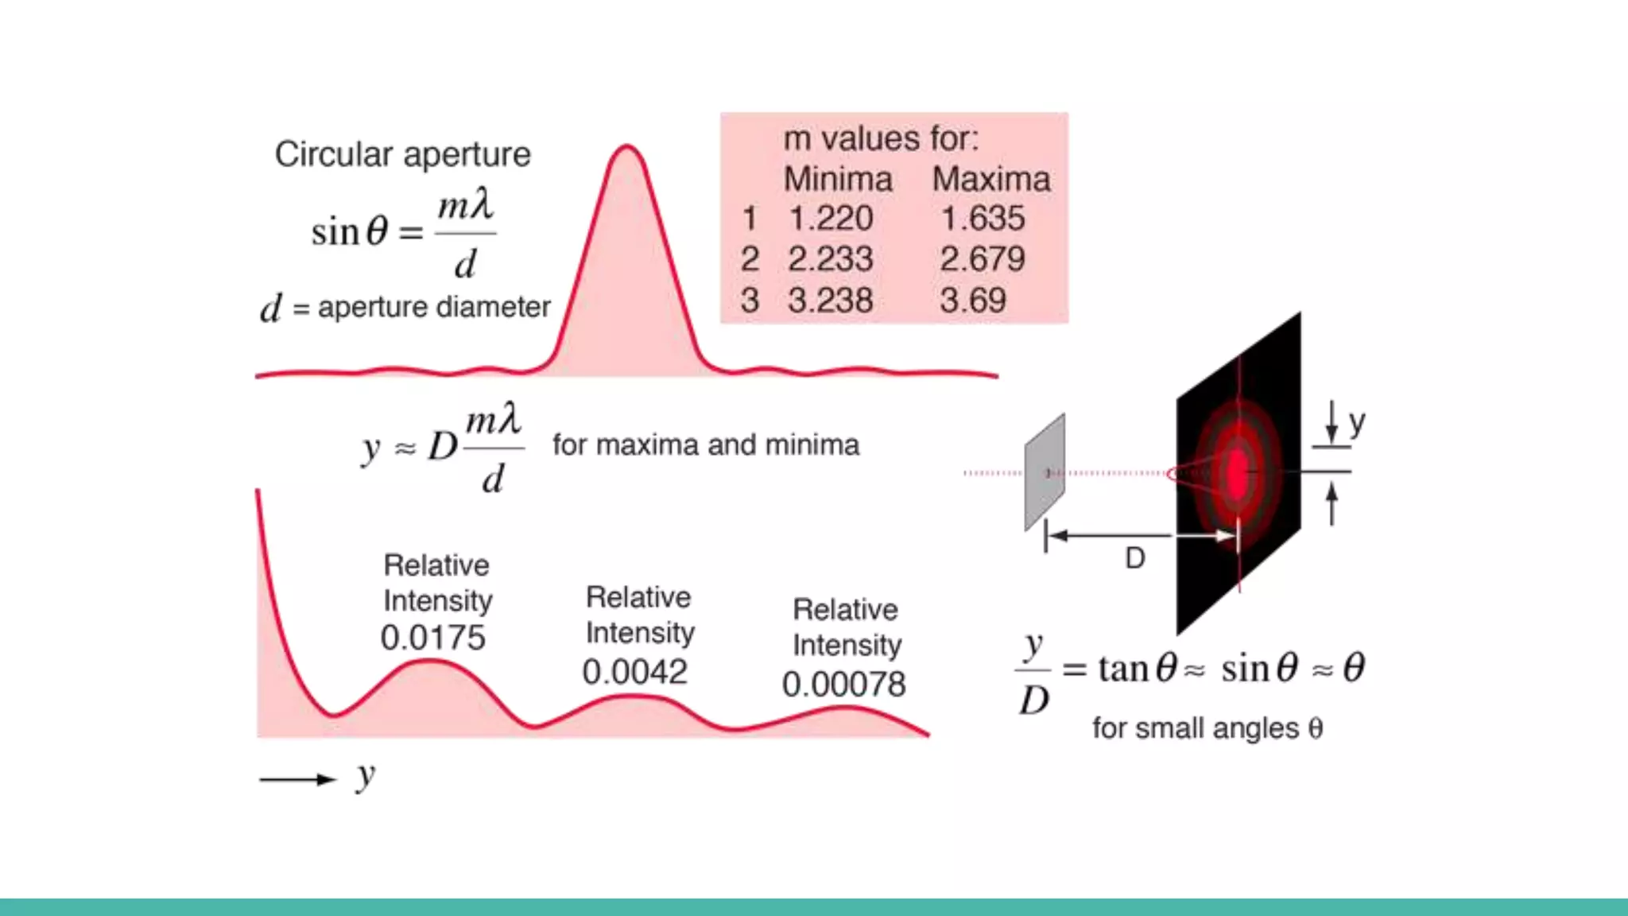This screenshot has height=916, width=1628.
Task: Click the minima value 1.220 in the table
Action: click(x=831, y=219)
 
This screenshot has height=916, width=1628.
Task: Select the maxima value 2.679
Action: click(x=983, y=259)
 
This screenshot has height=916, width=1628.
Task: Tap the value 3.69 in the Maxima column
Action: click(x=973, y=301)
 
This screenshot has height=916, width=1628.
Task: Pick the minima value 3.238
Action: click(x=831, y=301)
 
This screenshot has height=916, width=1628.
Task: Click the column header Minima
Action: click(x=838, y=179)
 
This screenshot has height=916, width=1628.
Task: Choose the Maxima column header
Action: click(x=991, y=179)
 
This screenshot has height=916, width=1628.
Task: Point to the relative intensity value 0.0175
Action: click(x=433, y=638)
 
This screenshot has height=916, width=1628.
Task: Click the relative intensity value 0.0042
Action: click(x=634, y=672)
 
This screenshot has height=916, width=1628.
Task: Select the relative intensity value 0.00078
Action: click(x=843, y=685)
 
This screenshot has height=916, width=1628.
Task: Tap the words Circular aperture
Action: click(x=403, y=154)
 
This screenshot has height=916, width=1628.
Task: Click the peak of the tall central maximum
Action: click(x=626, y=148)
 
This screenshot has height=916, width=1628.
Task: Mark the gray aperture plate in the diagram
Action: click(x=1045, y=472)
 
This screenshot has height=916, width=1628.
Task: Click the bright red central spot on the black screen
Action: click(x=1238, y=472)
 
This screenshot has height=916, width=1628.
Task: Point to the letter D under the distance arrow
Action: click(x=1135, y=559)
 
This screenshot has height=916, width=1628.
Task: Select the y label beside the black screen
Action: click(x=1357, y=422)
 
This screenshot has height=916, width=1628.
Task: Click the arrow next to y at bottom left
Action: click(x=298, y=779)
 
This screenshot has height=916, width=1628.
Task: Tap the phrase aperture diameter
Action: click(x=434, y=307)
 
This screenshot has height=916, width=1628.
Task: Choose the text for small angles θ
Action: click(x=1207, y=728)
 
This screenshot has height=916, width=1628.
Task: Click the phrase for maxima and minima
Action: click(x=706, y=445)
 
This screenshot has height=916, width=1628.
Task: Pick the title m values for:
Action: click(x=881, y=139)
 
